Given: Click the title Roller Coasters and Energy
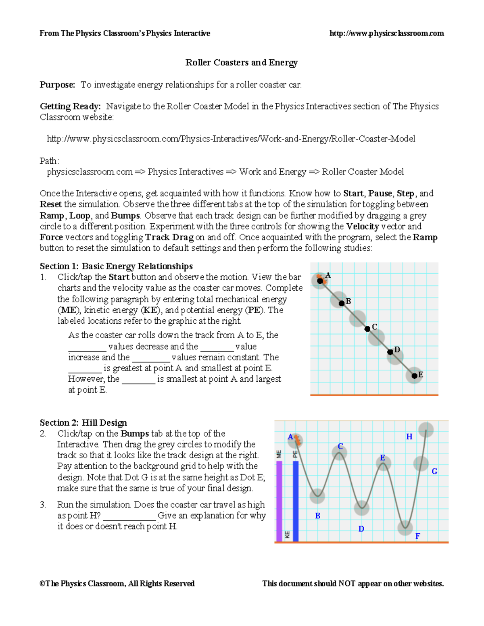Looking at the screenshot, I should pos(241,62).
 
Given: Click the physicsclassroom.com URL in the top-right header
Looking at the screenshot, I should pos(386,33).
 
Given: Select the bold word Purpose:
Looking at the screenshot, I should pos(57,85).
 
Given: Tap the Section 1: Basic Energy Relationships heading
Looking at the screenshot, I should pos(116,266).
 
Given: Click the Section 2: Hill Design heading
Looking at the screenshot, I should pos(83,422).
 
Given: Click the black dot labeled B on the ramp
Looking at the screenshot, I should pos(342,303).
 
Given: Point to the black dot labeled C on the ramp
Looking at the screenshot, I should pos(367,329).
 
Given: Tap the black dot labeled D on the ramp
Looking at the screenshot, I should pos(390,352).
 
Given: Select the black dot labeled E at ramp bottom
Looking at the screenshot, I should pos(414,376).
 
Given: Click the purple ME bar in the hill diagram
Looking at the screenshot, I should pos(279,501).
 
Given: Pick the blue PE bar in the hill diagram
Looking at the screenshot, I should pos(296,501).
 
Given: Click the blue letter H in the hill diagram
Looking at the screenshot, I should pos(409,437).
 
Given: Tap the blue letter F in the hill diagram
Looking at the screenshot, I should pos(417,536).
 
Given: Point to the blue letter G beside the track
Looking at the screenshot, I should pos(434,471).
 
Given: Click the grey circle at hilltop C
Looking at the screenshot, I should pos(339,453).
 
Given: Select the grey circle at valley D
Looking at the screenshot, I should pos(361,508).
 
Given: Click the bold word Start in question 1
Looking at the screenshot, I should pos(119,277).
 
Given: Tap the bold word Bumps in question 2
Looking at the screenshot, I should pos(135,433).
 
